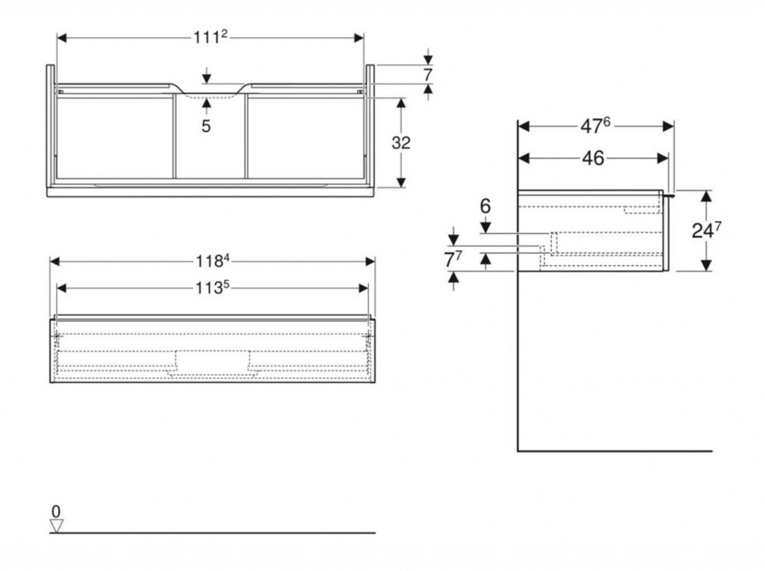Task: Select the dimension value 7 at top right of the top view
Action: (x=428, y=75)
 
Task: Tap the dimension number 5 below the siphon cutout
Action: (x=205, y=126)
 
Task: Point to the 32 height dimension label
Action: (x=401, y=142)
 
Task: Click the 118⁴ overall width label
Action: (x=212, y=260)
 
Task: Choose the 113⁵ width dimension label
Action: (x=212, y=287)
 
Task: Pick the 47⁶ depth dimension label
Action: (x=595, y=126)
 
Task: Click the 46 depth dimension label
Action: (x=592, y=158)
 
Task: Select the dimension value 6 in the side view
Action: (x=486, y=206)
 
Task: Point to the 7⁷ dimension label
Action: (x=453, y=260)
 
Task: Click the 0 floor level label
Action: (x=55, y=511)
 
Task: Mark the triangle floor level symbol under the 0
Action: (x=56, y=525)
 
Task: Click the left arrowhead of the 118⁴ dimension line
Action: (x=55, y=260)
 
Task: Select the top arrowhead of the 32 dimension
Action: (x=401, y=102)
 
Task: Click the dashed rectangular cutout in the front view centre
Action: (x=212, y=361)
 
